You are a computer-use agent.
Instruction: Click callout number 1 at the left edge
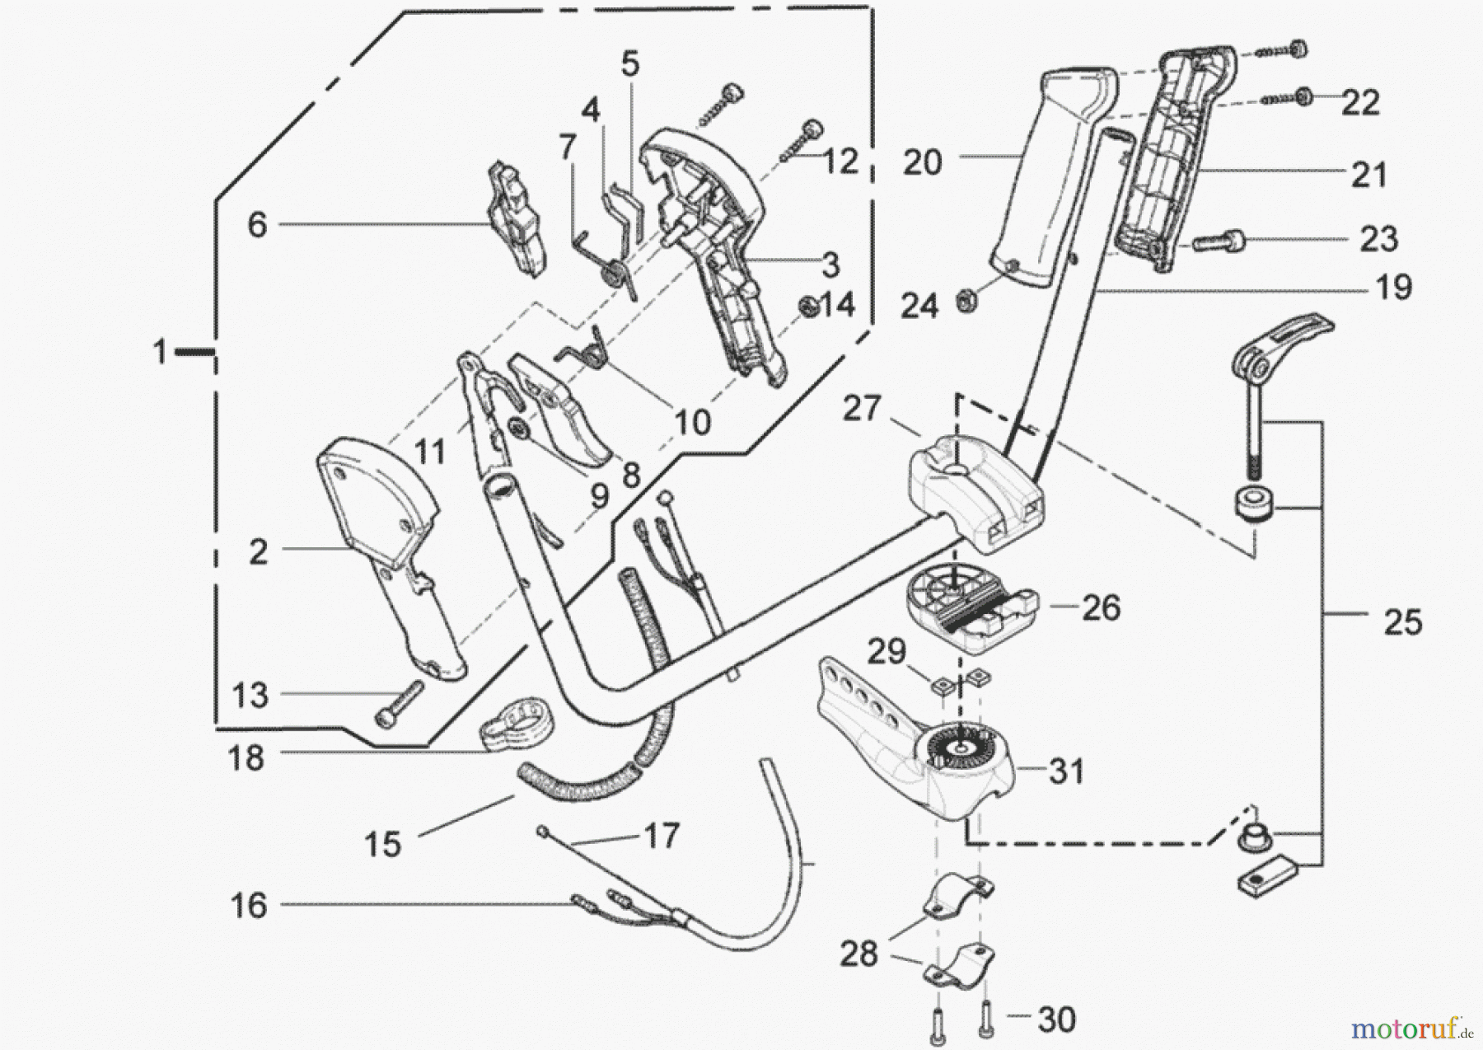tap(159, 353)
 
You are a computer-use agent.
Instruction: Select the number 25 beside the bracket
tap(1402, 622)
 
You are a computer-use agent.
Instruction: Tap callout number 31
tap(1066, 771)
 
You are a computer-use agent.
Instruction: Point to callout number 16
tap(249, 906)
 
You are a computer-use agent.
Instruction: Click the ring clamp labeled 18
tap(517, 724)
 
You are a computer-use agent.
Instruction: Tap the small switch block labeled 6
tap(517, 218)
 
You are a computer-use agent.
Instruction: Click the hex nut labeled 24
tap(963, 301)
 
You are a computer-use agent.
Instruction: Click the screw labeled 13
tap(398, 703)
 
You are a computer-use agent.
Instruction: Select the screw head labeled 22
tap(1304, 96)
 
